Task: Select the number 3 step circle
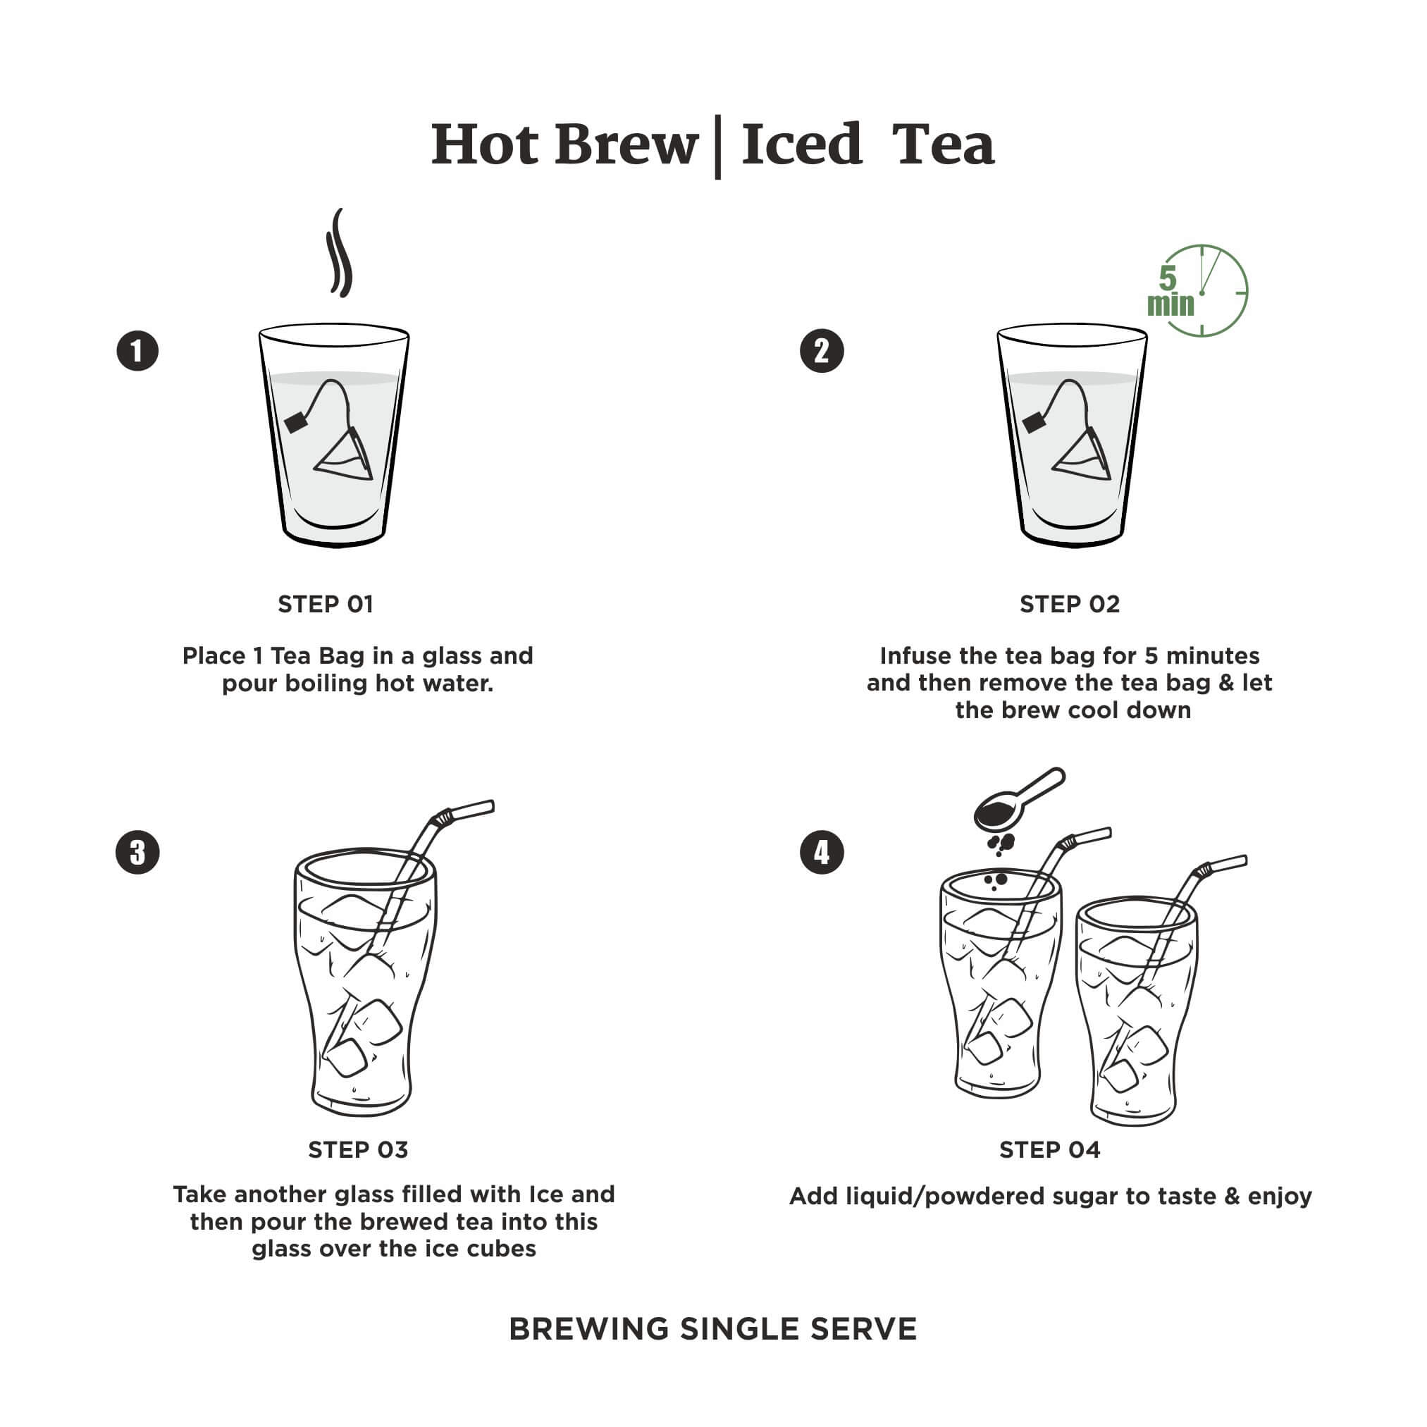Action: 137,853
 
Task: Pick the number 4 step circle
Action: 822,853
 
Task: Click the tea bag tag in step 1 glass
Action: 296,423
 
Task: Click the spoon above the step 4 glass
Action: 1018,800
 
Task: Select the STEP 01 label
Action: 325,604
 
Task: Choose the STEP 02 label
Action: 1070,604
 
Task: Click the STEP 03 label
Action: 357,1150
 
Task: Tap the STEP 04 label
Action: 1049,1150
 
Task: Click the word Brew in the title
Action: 626,144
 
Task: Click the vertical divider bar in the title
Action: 718,147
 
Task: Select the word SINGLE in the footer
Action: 739,1330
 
